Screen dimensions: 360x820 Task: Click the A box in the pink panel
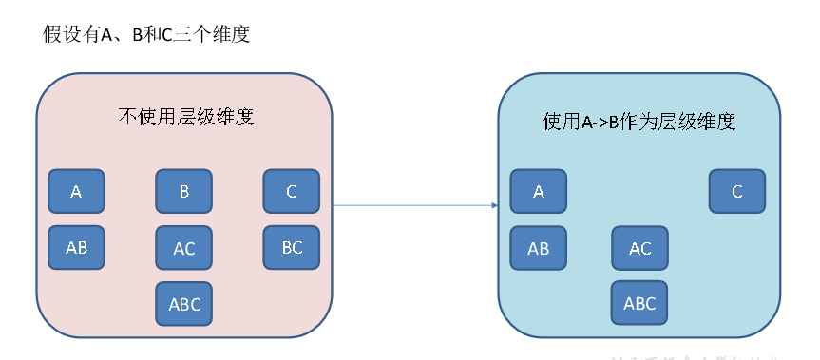pos(77,192)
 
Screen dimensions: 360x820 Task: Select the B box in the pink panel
pos(184,192)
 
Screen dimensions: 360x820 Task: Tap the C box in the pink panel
pos(292,192)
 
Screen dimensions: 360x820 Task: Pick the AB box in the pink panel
pos(77,248)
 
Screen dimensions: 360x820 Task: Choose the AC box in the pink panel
pos(184,249)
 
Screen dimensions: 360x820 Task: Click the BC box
pos(292,248)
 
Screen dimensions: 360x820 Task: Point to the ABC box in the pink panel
pos(184,305)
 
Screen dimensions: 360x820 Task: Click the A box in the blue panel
pos(539,192)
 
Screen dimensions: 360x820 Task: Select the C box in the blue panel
pos(737,192)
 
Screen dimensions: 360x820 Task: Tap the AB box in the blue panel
pos(539,249)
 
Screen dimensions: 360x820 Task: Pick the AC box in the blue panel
pos(640,249)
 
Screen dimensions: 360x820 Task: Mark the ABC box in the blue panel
pos(639,304)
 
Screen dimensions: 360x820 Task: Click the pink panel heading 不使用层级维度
pos(185,118)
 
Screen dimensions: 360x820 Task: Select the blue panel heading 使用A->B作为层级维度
pos(639,121)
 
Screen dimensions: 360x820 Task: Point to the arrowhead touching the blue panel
pos(494,204)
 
